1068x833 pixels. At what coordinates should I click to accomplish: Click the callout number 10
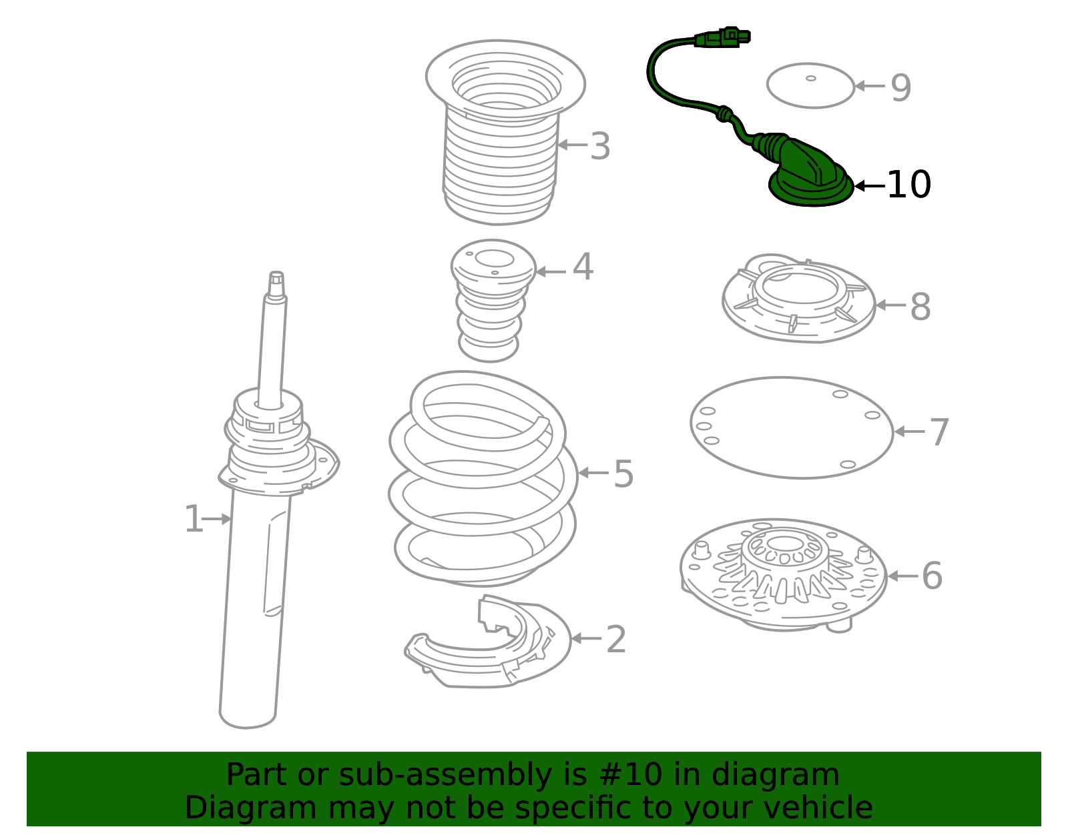(x=908, y=185)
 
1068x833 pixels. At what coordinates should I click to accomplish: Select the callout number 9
(x=901, y=88)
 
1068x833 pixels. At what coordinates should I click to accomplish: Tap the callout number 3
(x=599, y=146)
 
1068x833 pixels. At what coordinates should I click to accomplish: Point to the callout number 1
(x=193, y=519)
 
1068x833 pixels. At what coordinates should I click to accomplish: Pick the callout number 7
(x=939, y=432)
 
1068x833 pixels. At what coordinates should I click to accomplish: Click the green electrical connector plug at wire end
(x=722, y=38)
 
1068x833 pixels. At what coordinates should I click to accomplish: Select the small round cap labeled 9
(x=811, y=85)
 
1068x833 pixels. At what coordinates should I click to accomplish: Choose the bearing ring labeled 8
(x=799, y=298)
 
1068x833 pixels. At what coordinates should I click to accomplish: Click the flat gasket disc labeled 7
(x=792, y=428)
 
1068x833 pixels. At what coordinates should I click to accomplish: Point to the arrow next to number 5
(x=593, y=473)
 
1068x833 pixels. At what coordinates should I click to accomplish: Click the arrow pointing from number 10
(x=870, y=185)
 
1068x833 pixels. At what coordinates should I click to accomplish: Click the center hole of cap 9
(x=811, y=78)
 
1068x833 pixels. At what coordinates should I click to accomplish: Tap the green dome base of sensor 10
(x=811, y=189)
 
